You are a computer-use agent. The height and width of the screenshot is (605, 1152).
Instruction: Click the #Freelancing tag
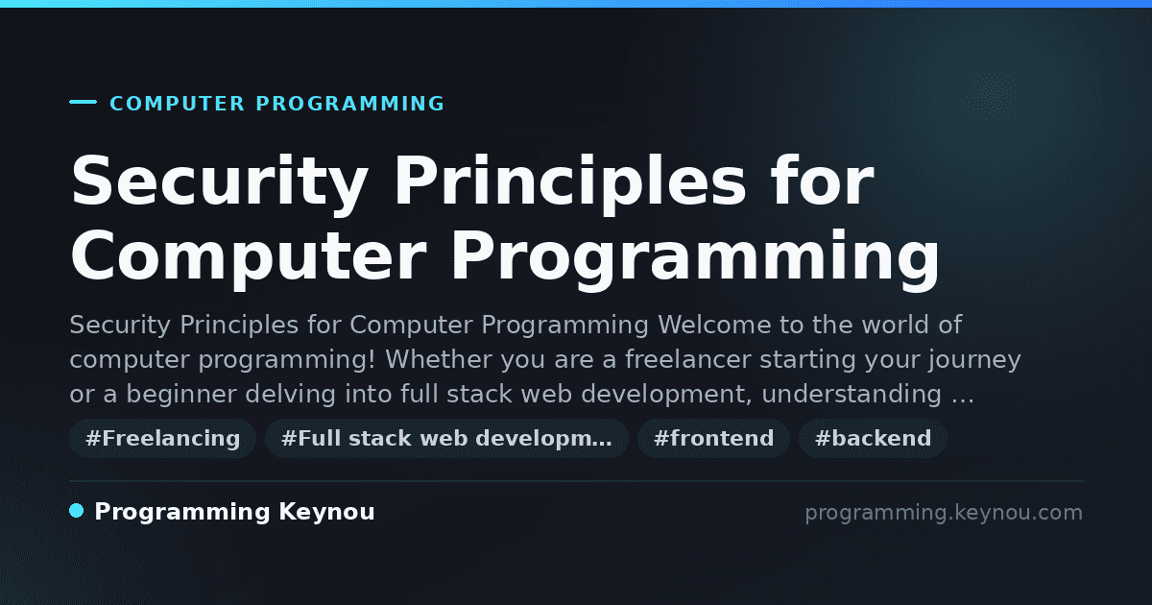tap(162, 439)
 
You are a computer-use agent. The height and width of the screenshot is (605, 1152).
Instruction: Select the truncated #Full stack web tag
tap(446, 439)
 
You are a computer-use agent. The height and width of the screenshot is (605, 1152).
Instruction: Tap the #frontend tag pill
tap(713, 439)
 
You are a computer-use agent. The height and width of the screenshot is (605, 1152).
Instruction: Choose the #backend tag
tap(873, 439)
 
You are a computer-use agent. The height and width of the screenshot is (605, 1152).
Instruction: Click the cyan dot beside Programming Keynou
tap(76, 511)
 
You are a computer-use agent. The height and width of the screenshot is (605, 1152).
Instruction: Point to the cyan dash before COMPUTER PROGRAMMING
tap(83, 102)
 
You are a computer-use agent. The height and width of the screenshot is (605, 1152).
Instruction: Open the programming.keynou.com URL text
tap(944, 513)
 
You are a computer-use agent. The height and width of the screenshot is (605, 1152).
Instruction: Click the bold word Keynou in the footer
tap(326, 512)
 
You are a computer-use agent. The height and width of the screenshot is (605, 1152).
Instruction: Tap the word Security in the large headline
tap(220, 183)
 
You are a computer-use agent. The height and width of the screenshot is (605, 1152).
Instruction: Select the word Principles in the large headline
tap(570, 183)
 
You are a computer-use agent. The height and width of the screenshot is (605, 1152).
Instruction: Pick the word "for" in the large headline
tap(822, 181)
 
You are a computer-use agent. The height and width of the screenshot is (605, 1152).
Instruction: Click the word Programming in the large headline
tap(695, 258)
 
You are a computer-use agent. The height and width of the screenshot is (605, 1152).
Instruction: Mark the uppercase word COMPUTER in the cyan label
tap(178, 104)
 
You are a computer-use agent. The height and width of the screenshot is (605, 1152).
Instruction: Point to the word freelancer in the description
tap(688, 359)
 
